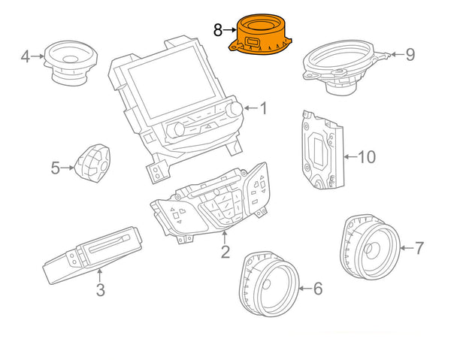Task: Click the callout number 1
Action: click(x=263, y=109)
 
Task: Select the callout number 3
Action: click(x=101, y=289)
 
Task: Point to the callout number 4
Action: click(x=25, y=56)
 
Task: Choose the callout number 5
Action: click(x=55, y=168)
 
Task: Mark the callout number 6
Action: click(x=317, y=288)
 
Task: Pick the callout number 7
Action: click(x=419, y=247)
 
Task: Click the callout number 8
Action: click(x=217, y=30)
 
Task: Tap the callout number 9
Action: click(x=410, y=53)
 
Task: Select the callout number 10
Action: click(x=365, y=157)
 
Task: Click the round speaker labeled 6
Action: click(x=268, y=285)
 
